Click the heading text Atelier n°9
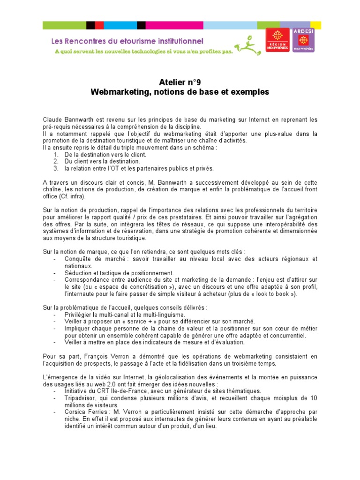pos(180,82)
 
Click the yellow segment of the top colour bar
pos(315,25)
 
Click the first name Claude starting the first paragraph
pos(52,120)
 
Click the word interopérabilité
pos(277,225)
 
